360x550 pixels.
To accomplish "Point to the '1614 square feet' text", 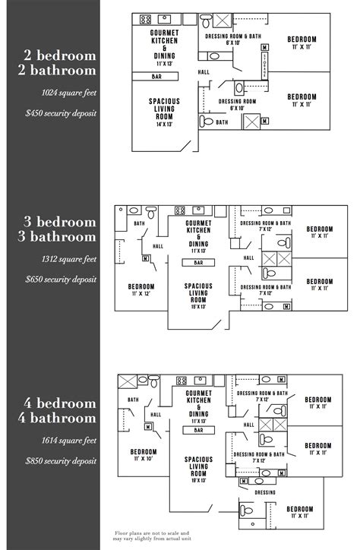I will point(71,440).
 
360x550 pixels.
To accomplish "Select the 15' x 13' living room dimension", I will point(197,308).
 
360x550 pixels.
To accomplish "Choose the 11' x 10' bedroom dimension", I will point(143,459).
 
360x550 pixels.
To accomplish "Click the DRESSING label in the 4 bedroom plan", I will point(265,492).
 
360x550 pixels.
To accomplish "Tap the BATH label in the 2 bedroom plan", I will point(222,122).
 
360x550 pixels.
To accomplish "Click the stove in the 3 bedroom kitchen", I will point(181,210).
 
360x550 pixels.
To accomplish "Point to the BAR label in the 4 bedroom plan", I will point(198,430).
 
